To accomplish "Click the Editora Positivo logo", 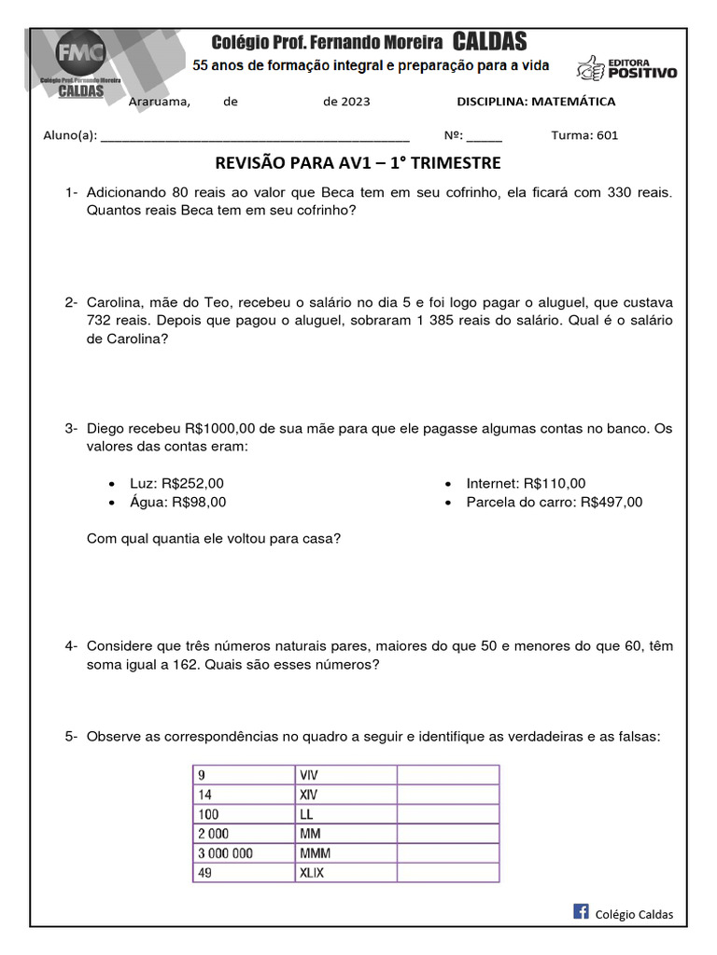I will point(626,67).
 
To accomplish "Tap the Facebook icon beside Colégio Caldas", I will point(581,912).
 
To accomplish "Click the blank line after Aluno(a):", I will point(254,135).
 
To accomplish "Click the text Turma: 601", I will point(584,135).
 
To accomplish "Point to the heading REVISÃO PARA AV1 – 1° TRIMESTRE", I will point(358,164).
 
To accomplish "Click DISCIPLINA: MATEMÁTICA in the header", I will point(535,102).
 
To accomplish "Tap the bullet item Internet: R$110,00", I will point(526,483).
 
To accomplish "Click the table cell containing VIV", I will point(345,775).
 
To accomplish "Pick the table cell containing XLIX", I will point(345,873).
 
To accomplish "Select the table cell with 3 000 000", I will point(243,853).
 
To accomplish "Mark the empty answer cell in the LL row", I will point(447,814).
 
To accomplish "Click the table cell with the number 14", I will point(243,795).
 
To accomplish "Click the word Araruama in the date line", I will point(159,102).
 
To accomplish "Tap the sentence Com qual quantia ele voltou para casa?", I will point(213,538).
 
